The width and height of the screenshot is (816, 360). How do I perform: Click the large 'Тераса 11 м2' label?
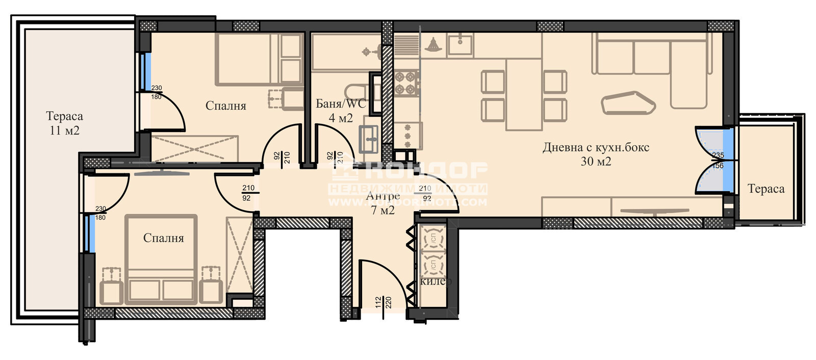[64, 123]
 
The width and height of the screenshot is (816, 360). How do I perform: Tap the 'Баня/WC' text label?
[341, 104]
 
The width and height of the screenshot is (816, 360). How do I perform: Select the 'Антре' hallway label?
[382, 196]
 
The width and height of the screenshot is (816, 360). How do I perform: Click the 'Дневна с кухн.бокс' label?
[596, 148]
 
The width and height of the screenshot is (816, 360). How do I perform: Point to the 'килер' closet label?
[436, 281]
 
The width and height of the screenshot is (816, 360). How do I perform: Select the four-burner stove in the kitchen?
[406, 83]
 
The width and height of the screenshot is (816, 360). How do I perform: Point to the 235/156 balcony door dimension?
[718, 160]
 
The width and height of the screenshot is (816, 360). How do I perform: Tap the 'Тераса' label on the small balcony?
[766, 189]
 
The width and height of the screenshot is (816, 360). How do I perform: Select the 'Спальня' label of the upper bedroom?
[225, 106]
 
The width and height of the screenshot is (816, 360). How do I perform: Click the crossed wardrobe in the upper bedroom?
[195, 149]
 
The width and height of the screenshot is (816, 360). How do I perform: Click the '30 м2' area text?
[596, 162]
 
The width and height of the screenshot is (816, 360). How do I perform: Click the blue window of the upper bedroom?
[146, 71]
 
